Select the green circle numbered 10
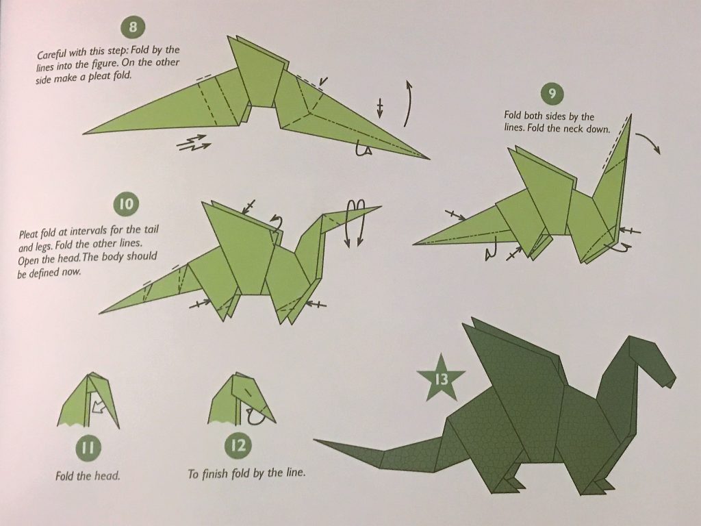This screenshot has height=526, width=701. (127, 203)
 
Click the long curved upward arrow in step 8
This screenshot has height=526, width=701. (409, 103)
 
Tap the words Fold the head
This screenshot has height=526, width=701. (88, 475)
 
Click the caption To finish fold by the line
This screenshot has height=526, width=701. (246, 474)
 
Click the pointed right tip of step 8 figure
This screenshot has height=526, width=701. (427, 158)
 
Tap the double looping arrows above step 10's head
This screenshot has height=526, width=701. (359, 223)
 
